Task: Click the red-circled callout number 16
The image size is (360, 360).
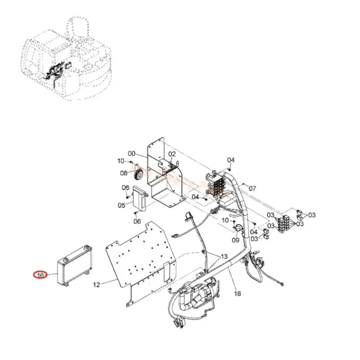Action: pyautogui.click(x=40, y=274)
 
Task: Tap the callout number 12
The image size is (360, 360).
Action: pyautogui.click(x=96, y=284)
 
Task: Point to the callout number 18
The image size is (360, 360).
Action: pyautogui.click(x=237, y=293)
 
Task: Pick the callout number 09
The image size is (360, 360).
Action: pyautogui.click(x=235, y=240)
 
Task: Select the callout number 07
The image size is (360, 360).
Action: pyautogui.click(x=252, y=189)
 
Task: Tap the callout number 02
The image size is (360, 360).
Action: pyautogui.click(x=172, y=154)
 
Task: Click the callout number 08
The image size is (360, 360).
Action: pyautogui.click(x=123, y=172)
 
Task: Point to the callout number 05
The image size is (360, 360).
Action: pyautogui.click(x=121, y=205)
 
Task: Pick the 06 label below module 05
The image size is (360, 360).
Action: pyautogui.click(x=138, y=221)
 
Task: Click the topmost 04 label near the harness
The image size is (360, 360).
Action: pyautogui.click(x=231, y=160)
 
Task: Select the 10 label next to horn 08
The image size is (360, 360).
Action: pyautogui.click(x=121, y=161)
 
